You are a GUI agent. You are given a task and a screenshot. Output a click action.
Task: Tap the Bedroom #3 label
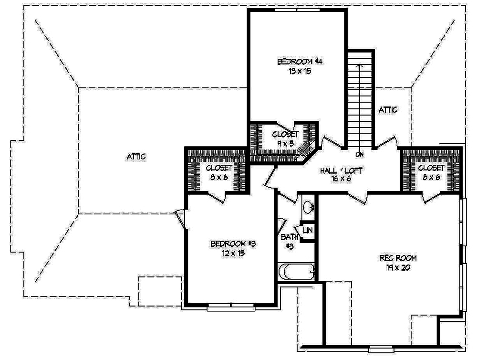(x=234, y=244)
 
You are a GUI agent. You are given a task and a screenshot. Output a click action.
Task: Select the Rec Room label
(x=398, y=258)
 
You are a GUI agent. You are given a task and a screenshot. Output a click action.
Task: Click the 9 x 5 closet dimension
(x=285, y=143)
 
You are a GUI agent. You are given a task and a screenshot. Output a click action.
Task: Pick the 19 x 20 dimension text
(x=398, y=267)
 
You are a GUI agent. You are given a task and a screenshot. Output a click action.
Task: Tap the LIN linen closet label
(x=308, y=231)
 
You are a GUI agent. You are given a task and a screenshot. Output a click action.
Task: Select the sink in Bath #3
(x=308, y=207)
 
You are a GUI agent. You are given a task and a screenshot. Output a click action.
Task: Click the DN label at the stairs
(x=360, y=155)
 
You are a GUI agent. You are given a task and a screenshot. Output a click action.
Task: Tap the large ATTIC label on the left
(x=136, y=156)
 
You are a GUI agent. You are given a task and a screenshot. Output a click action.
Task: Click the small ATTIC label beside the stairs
(x=388, y=110)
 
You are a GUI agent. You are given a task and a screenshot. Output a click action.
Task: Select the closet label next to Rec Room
(x=431, y=168)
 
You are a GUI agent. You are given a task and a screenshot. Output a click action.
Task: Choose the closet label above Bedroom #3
(x=219, y=168)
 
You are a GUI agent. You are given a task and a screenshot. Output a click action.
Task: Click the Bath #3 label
(x=290, y=241)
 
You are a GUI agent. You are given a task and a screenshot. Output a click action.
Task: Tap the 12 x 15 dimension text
(x=234, y=254)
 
